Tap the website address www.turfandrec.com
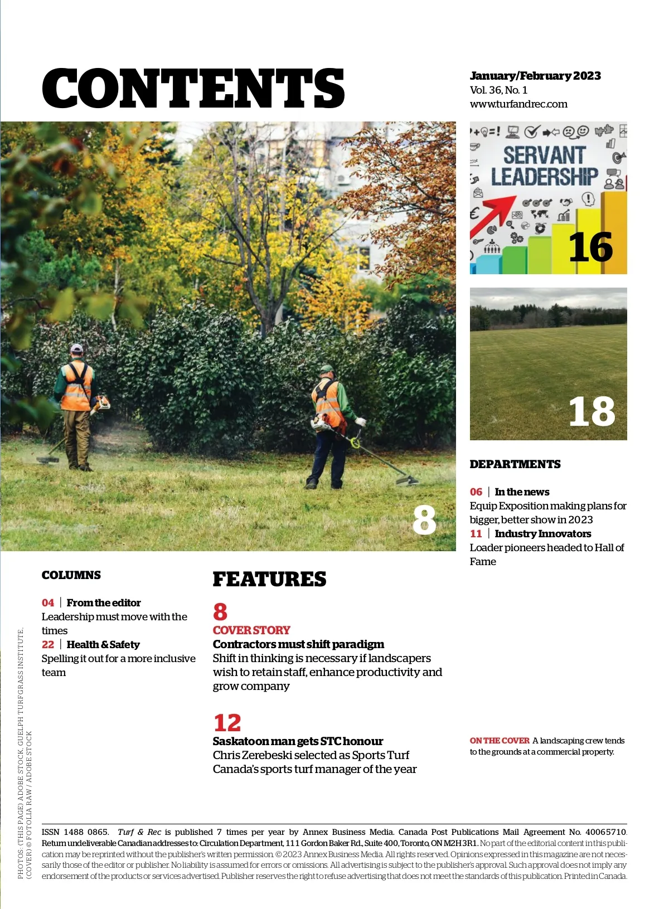point(518,104)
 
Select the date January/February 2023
point(535,76)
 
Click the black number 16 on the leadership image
point(590,247)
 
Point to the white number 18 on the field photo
point(592,412)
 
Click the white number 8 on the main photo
point(424,520)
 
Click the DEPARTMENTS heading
point(515,464)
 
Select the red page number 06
point(476,492)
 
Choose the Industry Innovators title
point(542,534)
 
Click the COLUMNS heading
point(71,575)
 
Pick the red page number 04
point(48,603)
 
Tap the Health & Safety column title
point(103,645)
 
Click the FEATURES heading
point(269,580)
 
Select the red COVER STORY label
point(251,630)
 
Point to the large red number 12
point(227,723)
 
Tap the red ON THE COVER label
point(500,741)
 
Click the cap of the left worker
point(76,348)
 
